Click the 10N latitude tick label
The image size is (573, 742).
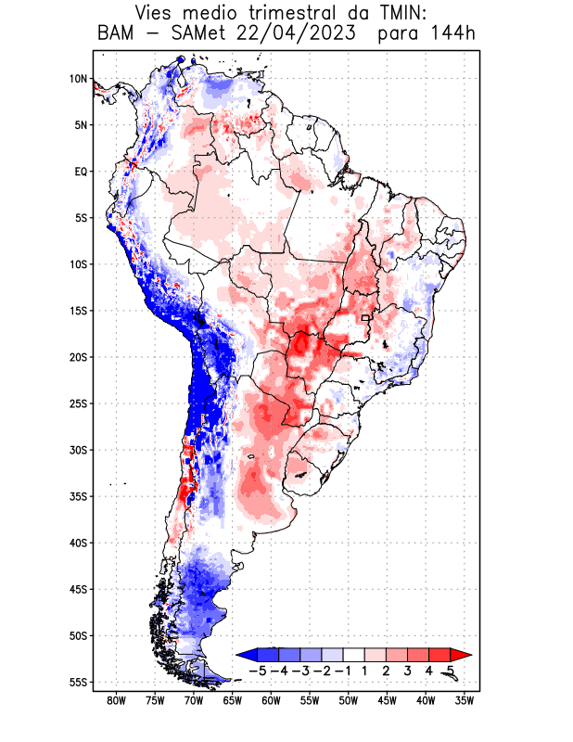[77, 79]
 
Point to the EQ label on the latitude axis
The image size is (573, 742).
[80, 172]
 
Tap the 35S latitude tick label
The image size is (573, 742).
[77, 496]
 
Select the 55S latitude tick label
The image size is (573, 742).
[77, 682]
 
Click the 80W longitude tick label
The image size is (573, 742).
[116, 700]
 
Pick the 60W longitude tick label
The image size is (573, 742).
[271, 700]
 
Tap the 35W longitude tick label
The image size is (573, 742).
[465, 700]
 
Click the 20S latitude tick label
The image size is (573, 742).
[77, 357]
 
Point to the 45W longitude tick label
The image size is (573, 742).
[387, 700]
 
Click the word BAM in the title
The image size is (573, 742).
[119, 35]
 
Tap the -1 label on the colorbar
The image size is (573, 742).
[343, 670]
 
